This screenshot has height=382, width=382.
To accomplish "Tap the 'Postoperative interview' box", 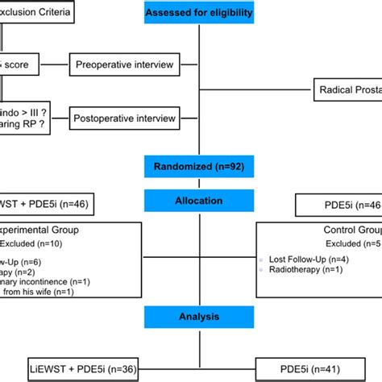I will pyautogui.click(x=125, y=118).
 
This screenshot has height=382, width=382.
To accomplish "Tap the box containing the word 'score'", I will pyautogui.click(x=16, y=64).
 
